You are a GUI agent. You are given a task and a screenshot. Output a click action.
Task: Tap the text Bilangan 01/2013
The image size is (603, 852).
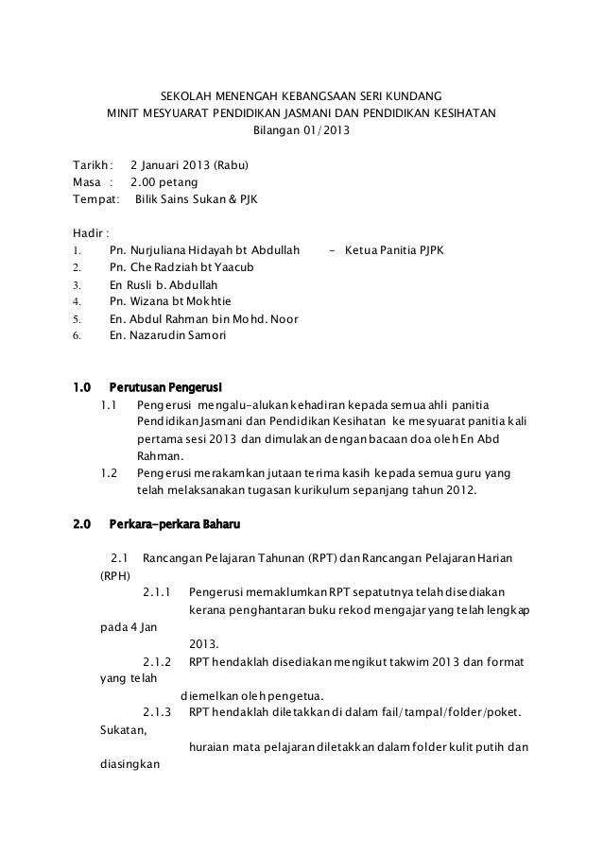301,131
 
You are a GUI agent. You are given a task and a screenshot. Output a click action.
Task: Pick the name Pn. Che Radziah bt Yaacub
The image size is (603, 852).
188,267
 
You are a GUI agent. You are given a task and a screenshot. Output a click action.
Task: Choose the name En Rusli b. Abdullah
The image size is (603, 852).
164,284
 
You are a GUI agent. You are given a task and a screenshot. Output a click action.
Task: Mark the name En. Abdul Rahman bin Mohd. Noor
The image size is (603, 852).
204,318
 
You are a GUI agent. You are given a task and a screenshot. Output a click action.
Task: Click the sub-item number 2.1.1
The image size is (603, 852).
157,593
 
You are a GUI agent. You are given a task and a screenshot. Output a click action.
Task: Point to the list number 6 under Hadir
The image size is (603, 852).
77,335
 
